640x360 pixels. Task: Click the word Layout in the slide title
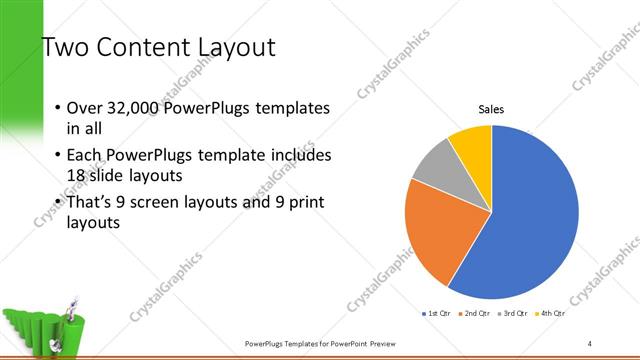229,47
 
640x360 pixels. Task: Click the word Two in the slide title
65,47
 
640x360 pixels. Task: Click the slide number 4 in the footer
591,343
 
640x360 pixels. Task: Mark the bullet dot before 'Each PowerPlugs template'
57,156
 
